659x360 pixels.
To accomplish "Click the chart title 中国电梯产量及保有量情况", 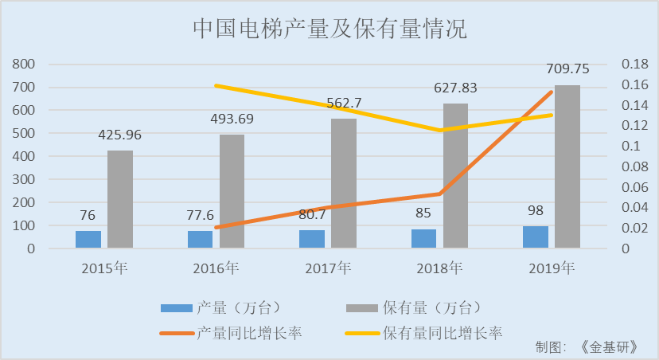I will coord(329,29).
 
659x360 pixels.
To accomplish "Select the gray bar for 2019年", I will coord(567,166).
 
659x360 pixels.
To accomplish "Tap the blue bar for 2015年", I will coord(88,239).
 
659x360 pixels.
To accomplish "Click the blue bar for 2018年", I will coord(424,238).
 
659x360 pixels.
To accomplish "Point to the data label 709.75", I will coord(567,69).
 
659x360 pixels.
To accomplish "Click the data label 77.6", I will coord(201,215).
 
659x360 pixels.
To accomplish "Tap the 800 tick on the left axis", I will coord(25,64).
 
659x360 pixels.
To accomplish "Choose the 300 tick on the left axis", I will coord(25,179).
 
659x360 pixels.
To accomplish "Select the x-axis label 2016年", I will coord(216,268).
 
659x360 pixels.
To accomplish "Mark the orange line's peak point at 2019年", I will coord(552,92).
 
